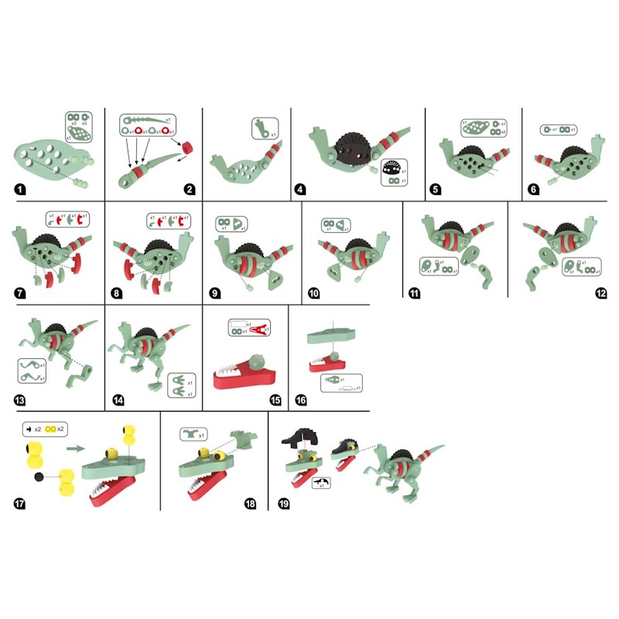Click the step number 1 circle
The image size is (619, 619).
19,188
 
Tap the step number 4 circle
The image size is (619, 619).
301,188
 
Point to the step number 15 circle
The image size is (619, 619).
212,400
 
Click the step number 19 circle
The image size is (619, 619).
283,503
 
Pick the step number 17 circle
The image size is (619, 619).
19,503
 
